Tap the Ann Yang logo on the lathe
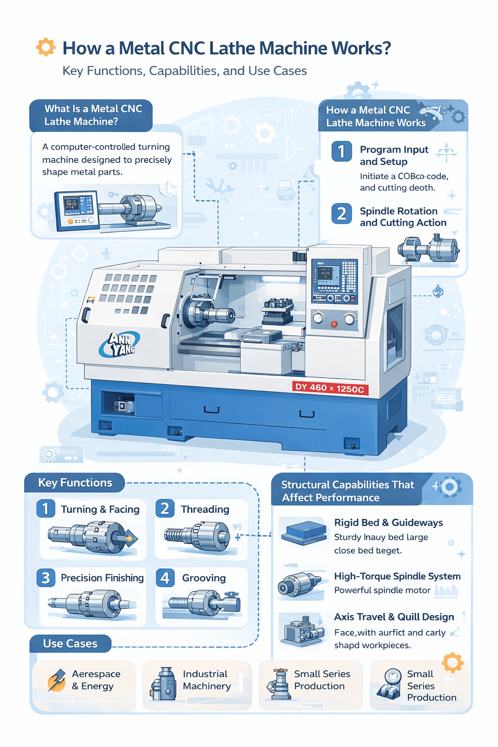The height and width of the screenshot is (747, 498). point(119,344)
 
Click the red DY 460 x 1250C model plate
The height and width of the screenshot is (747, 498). point(330,388)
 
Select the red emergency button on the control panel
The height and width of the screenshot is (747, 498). point(334,324)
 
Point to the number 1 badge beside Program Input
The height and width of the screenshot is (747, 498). point(341,152)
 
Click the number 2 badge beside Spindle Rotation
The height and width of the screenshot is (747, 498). point(341,213)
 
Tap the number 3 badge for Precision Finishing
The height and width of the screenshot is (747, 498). point(46,578)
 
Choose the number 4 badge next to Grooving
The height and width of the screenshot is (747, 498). point(165,578)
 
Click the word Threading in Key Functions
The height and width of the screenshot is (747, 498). point(205,509)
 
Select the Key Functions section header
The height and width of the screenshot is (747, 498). point(75,482)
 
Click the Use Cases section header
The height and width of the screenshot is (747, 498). point(70,643)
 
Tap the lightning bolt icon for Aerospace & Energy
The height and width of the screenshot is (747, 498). point(57,679)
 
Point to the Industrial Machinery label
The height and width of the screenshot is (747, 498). point(207,680)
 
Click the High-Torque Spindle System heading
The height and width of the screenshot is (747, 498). point(397,576)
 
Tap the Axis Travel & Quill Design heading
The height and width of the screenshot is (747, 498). point(394,617)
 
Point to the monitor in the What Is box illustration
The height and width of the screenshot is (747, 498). point(77,209)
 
